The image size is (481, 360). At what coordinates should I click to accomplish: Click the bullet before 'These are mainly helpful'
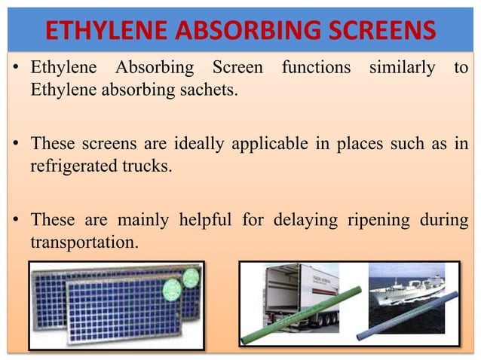[16, 221]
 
